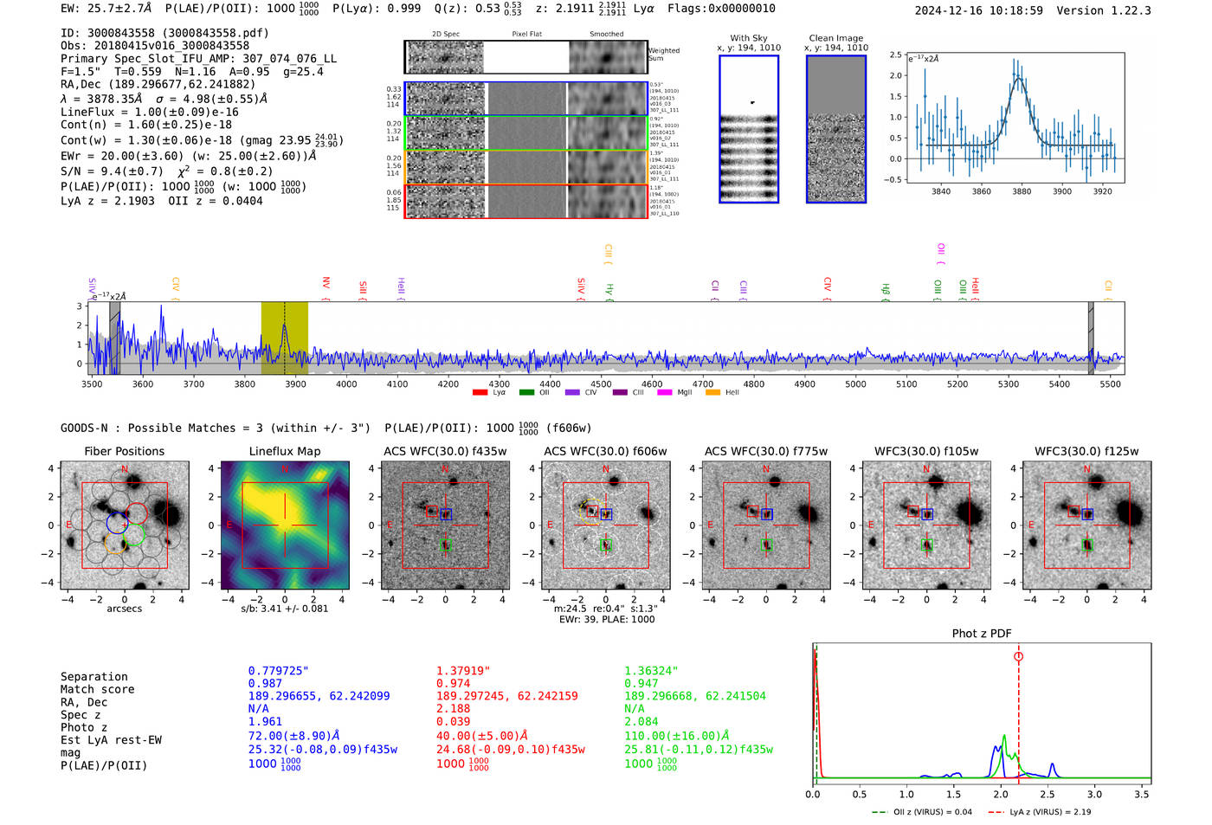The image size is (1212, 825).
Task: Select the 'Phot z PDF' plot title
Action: tap(982, 634)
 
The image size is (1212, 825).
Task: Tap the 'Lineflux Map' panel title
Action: tap(284, 451)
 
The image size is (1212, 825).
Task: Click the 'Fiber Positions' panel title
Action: tap(124, 451)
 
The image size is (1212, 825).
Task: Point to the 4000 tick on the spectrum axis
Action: tap(346, 384)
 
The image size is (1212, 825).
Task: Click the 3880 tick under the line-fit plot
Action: tap(1022, 191)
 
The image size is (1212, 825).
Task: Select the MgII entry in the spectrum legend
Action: tap(684, 393)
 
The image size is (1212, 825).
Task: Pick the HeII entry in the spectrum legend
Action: tap(732, 393)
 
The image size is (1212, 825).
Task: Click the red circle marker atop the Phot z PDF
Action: tap(1018, 657)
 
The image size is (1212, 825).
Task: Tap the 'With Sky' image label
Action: tap(749, 38)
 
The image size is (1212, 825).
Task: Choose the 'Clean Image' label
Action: tap(836, 38)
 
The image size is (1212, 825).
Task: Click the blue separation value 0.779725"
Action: tap(278, 671)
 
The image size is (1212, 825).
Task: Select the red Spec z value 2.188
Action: tap(452, 708)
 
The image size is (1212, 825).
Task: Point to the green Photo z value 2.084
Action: tap(641, 721)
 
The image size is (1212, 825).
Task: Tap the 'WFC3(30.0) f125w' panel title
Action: tap(1086, 451)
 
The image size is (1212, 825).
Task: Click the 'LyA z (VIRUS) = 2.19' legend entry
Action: tap(1049, 812)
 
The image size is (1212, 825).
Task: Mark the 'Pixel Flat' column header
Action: tap(526, 35)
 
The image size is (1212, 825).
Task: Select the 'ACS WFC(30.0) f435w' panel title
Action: tap(445, 451)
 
